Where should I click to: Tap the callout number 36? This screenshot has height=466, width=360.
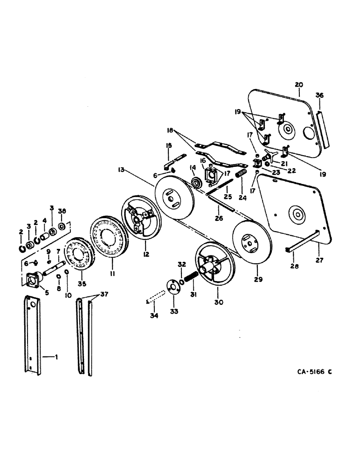click(x=319, y=95)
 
